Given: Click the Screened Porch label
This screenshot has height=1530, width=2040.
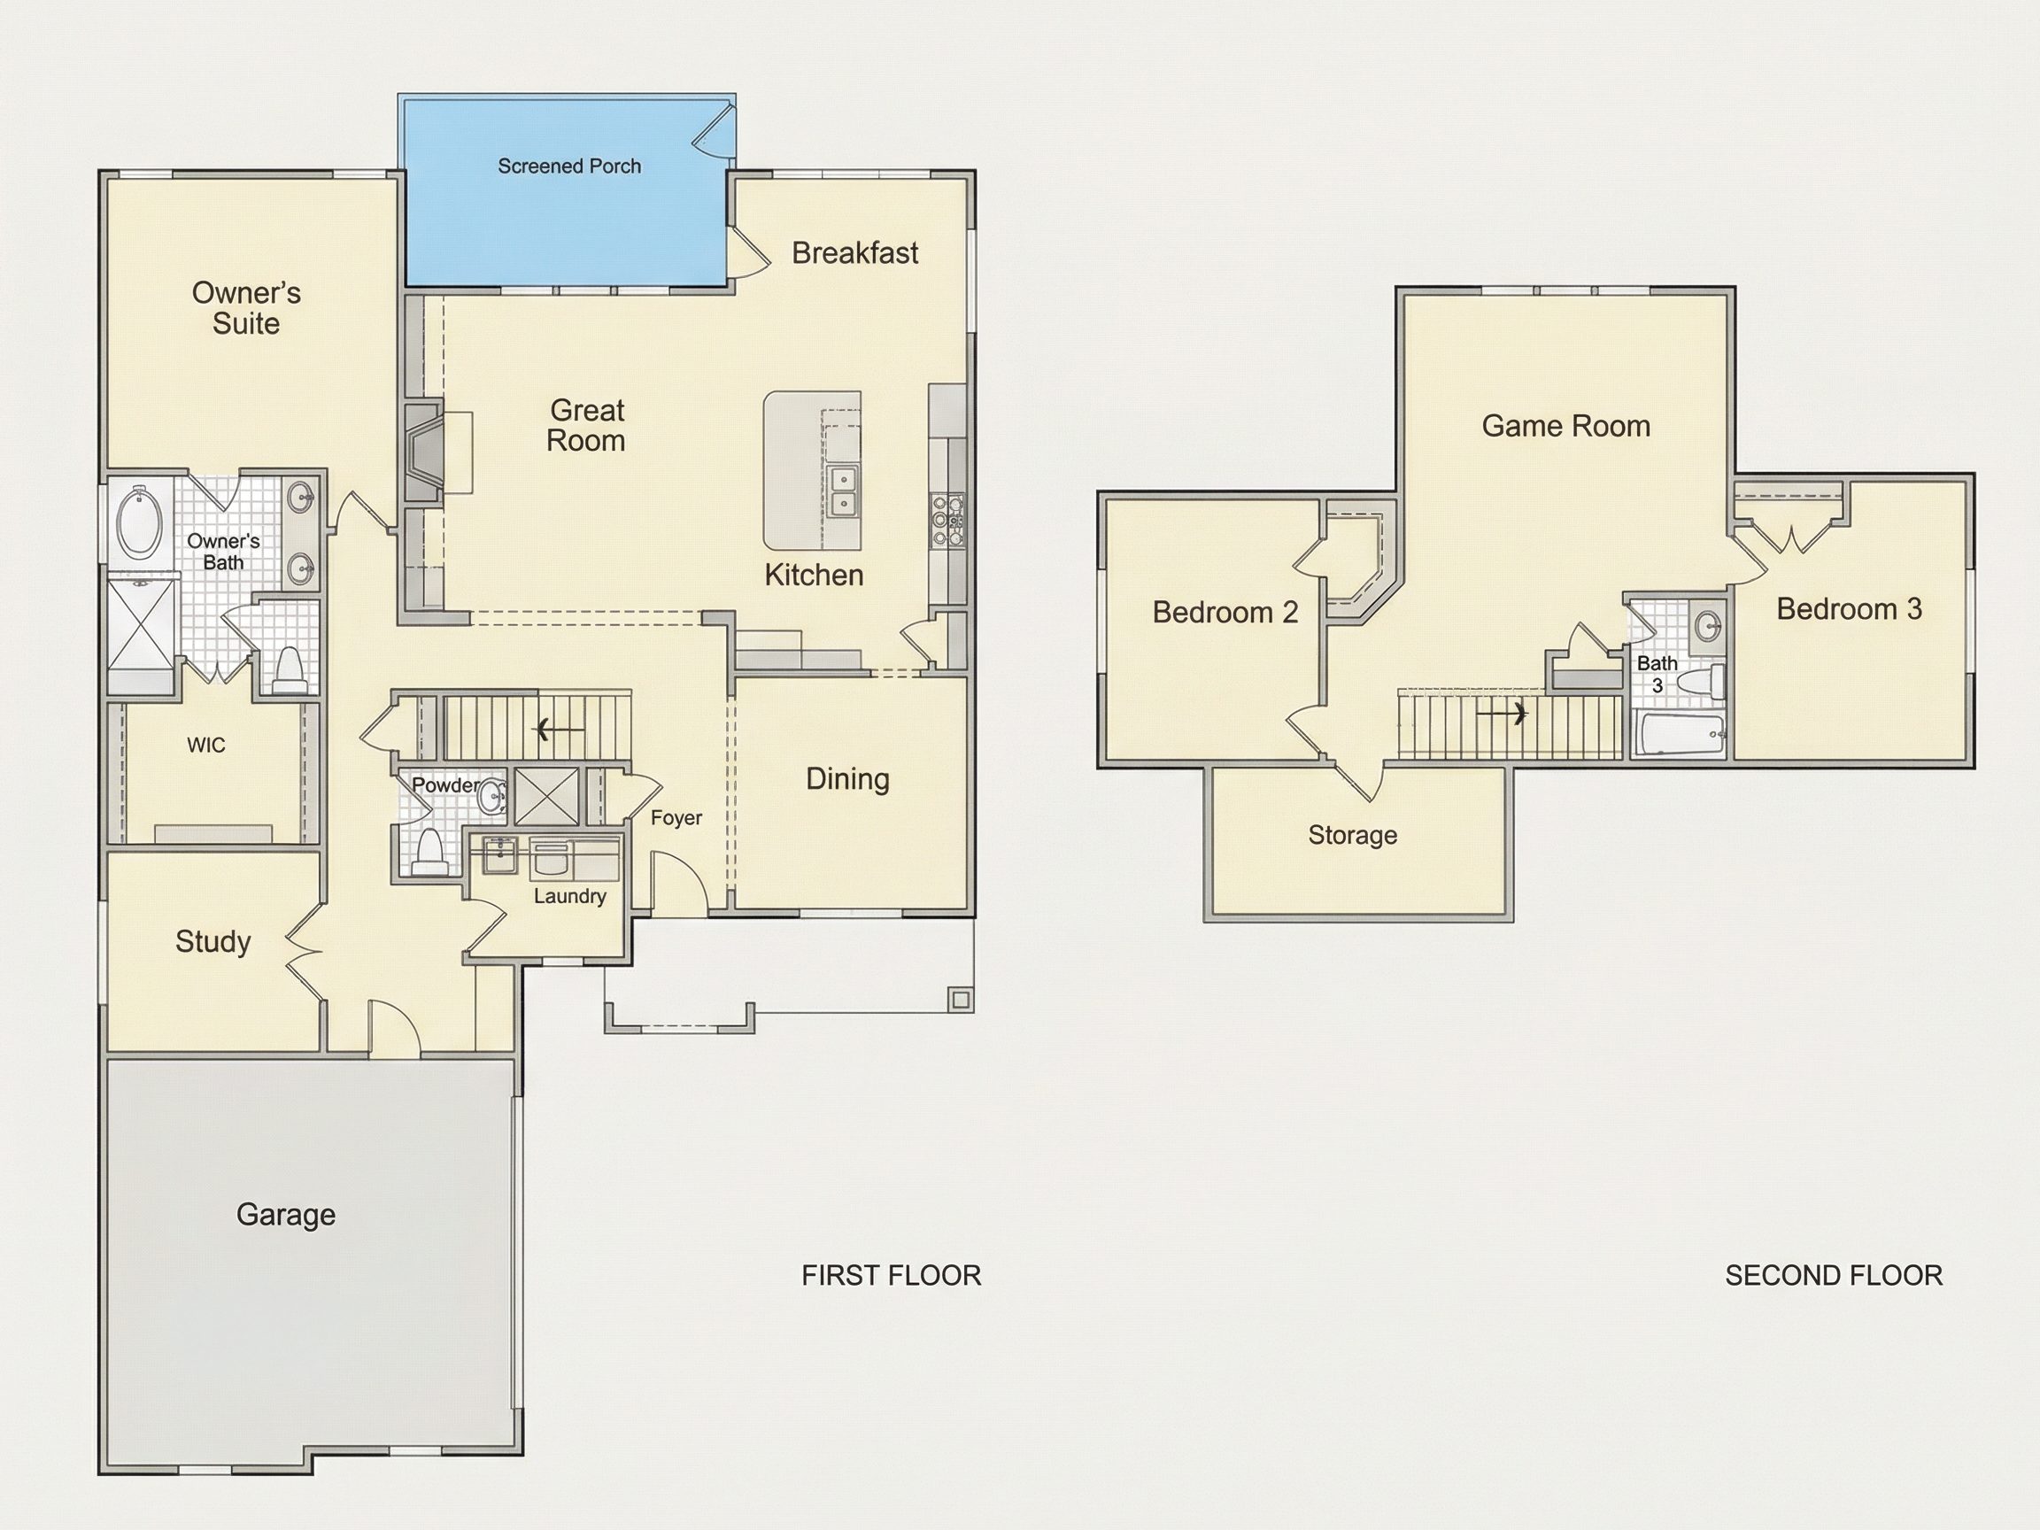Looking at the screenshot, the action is [569, 166].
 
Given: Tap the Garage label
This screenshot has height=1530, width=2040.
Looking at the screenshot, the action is [286, 1215].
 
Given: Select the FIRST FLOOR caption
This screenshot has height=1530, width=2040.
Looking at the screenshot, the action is [891, 1276].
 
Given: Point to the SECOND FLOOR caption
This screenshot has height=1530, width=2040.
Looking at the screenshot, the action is [1834, 1276].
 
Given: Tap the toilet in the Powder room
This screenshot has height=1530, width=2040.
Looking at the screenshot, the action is [429, 851].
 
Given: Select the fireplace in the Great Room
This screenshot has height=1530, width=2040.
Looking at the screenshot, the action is [424, 452].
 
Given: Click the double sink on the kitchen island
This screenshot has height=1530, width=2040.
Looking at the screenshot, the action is [842, 491].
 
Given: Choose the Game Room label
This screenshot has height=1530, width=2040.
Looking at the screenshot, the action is [1566, 426].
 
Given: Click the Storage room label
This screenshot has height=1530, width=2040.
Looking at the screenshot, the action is [1352, 836].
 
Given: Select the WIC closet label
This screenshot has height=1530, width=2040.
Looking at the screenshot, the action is [205, 746].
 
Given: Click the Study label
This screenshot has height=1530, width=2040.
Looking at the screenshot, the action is [213, 941].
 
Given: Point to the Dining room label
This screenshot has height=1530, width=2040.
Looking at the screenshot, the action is [847, 779].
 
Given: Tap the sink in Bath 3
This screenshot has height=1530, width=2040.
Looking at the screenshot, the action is [1710, 624].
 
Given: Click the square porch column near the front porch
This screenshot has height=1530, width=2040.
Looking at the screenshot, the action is [960, 1000].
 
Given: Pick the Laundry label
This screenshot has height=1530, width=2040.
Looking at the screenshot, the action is [570, 896].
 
